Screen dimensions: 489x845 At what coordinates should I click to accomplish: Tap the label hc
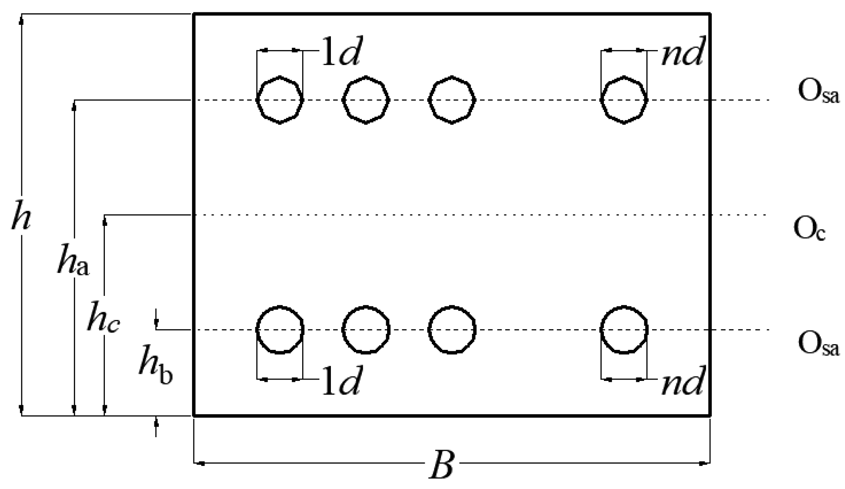[103, 318]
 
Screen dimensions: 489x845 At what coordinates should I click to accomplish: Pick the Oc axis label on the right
[809, 229]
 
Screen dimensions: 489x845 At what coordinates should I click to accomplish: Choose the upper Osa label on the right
[818, 93]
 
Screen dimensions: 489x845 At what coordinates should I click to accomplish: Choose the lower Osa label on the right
[818, 345]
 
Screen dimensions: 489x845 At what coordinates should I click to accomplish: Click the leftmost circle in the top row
[280, 100]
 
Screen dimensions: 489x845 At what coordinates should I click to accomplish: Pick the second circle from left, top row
[366, 100]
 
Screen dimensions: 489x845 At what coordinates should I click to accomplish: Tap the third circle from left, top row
[452, 100]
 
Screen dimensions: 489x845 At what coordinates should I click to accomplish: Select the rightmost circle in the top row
[624, 100]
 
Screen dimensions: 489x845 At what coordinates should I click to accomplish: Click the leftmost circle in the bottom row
[280, 330]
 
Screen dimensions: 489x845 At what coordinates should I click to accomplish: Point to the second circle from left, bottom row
[366, 330]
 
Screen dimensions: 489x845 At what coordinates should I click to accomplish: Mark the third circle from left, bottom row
[452, 330]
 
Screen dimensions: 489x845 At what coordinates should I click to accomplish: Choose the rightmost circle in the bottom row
[624, 330]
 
